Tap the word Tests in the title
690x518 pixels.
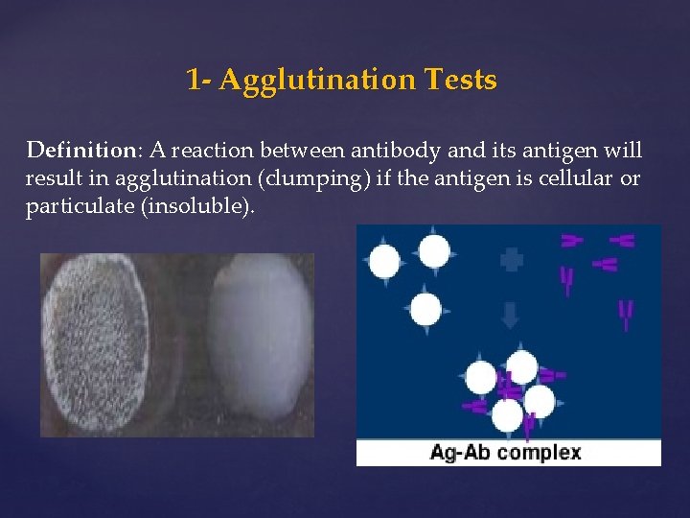pos(463,80)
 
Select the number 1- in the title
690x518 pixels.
pos(199,80)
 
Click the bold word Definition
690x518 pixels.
pos(83,151)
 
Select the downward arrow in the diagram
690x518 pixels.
pos(511,312)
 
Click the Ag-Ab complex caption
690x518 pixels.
pos(506,452)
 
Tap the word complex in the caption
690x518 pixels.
pos(541,452)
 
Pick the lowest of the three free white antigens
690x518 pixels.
pos(425,310)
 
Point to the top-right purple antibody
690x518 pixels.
pos(622,241)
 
